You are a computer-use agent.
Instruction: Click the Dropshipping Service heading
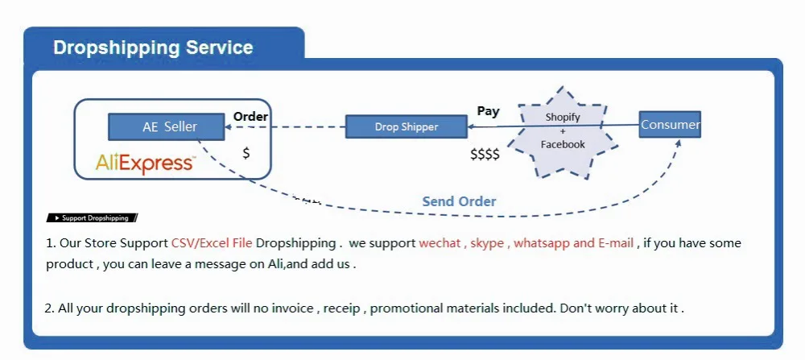pyautogui.click(x=153, y=48)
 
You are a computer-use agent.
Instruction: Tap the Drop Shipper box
pyautogui.click(x=406, y=126)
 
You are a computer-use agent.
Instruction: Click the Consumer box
pyautogui.click(x=670, y=125)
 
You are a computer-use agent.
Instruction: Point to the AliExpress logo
pyautogui.click(x=145, y=163)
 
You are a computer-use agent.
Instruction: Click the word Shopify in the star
pyautogui.click(x=563, y=117)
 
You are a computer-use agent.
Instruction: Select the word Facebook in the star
pyautogui.click(x=563, y=144)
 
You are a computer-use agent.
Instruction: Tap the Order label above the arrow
pyautogui.click(x=250, y=117)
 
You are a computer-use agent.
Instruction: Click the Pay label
pyautogui.click(x=488, y=111)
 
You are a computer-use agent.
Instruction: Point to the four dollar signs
pyautogui.click(x=485, y=154)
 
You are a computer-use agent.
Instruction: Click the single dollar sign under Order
pyautogui.click(x=246, y=152)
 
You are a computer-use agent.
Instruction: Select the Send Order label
pyautogui.click(x=459, y=201)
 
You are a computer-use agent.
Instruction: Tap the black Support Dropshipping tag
pyautogui.click(x=93, y=217)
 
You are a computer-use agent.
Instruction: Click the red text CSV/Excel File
pyautogui.click(x=212, y=243)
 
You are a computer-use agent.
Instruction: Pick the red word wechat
pyautogui.click(x=440, y=243)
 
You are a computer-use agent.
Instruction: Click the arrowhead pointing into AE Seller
pyautogui.click(x=228, y=126)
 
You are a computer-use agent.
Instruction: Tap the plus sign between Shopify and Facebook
pyautogui.click(x=563, y=130)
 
